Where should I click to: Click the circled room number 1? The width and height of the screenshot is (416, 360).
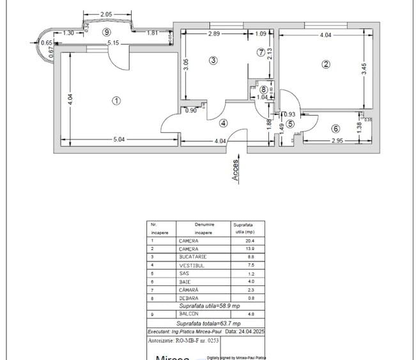[x=116, y=100]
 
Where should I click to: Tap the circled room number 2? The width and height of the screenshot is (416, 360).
[x=327, y=63]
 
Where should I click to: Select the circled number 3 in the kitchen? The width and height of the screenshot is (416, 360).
[x=213, y=60]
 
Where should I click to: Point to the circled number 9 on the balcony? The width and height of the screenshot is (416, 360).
[x=107, y=31]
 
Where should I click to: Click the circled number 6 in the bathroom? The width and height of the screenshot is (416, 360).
[x=335, y=128]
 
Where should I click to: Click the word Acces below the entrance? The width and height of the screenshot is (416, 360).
[x=235, y=170]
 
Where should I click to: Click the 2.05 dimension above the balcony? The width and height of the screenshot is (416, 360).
[x=107, y=14]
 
